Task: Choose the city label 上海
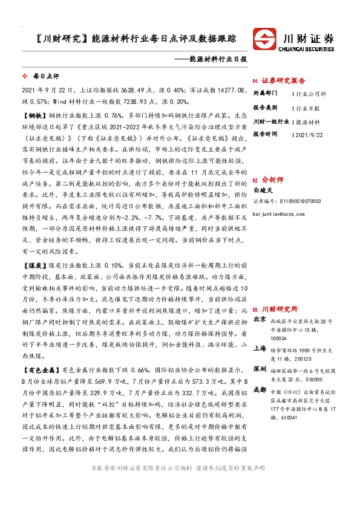260,348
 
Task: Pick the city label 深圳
260,369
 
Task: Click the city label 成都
260,390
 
